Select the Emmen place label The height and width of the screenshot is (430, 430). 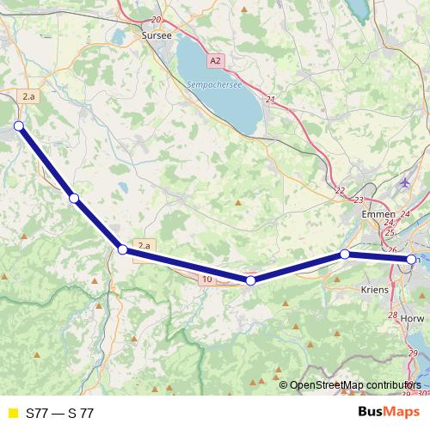(x=379, y=214)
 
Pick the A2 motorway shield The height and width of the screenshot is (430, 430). (x=214, y=61)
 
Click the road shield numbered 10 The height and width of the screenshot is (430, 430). (x=207, y=279)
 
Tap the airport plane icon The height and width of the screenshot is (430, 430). (x=406, y=182)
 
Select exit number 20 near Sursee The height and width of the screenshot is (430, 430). (x=155, y=19)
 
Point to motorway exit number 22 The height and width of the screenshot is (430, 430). (x=340, y=190)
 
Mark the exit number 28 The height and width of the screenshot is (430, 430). (x=394, y=316)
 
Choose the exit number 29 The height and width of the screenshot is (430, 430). (x=413, y=353)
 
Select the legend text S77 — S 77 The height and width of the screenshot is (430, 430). (x=60, y=414)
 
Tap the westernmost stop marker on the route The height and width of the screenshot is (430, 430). (x=18, y=127)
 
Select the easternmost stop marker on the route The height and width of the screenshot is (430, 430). (x=411, y=260)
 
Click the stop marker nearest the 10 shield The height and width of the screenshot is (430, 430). (x=250, y=280)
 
